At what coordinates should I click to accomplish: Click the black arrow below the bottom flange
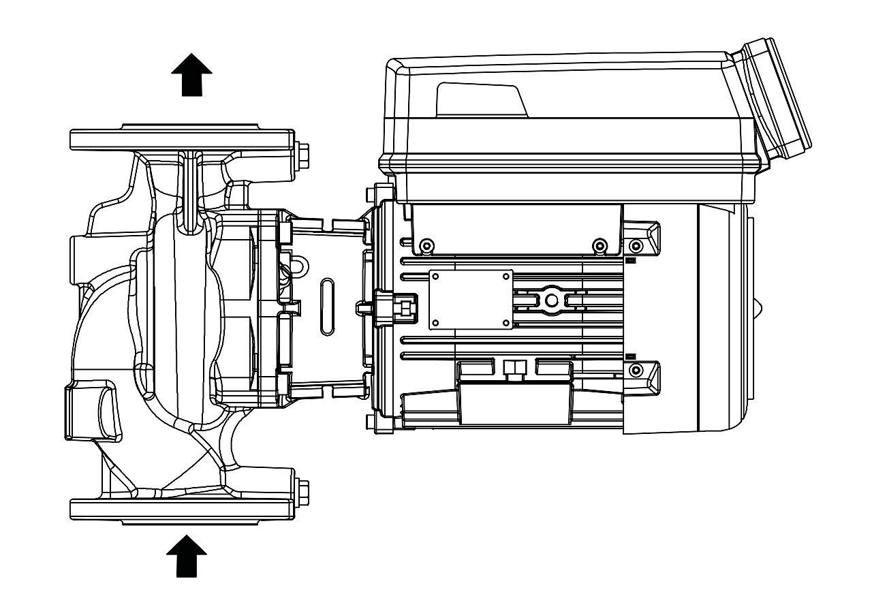(x=187, y=555)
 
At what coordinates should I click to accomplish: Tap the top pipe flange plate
(x=183, y=140)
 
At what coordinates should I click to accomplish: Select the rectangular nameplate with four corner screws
(x=470, y=298)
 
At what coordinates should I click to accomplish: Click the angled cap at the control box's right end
(x=777, y=99)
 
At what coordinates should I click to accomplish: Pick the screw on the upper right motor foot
(x=636, y=245)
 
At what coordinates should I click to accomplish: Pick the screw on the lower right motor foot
(x=636, y=370)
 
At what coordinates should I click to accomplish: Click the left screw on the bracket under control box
(x=426, y=245)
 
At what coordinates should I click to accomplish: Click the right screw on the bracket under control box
(x=599, y=245)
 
